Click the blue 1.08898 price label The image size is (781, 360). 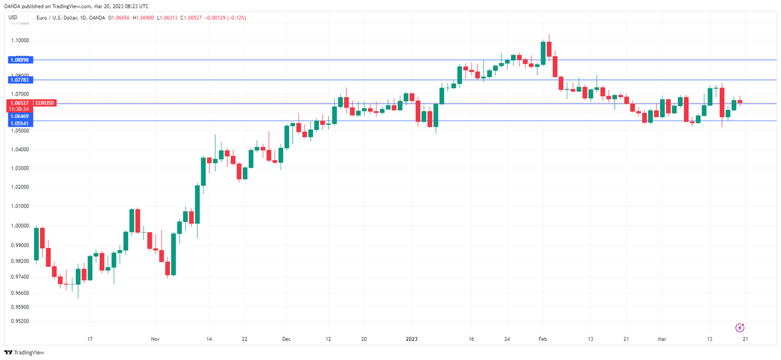(x=19, y=60)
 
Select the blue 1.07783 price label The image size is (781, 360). (x=19, y=80)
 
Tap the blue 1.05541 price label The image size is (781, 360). (x=19, y=123)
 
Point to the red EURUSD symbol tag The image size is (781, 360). (x=44, y=103)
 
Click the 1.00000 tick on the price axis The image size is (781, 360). (x=19, y=225)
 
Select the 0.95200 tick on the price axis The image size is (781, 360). (x=19, y=321)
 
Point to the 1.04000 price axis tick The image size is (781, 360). (x=19, y=150)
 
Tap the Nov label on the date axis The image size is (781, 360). (x=155, y=339)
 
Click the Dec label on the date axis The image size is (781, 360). (x=286, y=339)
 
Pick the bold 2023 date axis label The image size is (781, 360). (x=411, y=339)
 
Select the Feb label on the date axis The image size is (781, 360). (x=542, y=339)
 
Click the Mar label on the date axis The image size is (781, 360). (x=662, y=339)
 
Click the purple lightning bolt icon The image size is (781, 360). (x=740, y=328)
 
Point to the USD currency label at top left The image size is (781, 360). (x=13, y=18)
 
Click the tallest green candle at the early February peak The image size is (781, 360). (x=543, y=53)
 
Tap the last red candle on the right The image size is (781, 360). (x=740, y=102)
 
